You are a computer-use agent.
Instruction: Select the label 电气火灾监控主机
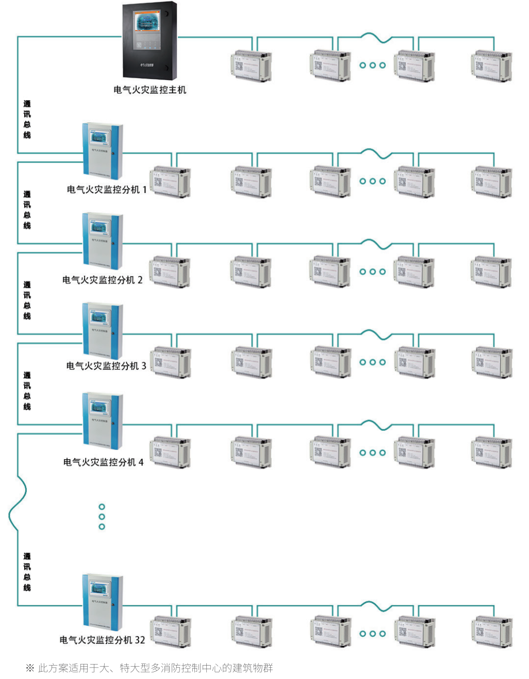point(150,90)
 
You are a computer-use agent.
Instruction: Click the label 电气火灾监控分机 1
point(107,190)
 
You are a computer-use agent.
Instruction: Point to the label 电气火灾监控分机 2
point(102,280)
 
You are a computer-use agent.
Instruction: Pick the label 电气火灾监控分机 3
point(106,366)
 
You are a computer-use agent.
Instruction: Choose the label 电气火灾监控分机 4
point(103,462)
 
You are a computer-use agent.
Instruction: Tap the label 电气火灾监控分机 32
point(102,640)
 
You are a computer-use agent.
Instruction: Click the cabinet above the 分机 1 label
point(103,150)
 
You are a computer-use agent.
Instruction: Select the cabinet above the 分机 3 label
point(103,331)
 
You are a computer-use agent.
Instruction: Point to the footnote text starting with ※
point(149,668)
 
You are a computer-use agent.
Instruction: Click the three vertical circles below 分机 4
point(102,516)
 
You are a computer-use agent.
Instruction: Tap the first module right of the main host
point(251,66)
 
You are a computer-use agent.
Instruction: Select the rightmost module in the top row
point(492,66)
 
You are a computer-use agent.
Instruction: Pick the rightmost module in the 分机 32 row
point(492,632)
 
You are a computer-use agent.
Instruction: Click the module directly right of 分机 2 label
point(170,271)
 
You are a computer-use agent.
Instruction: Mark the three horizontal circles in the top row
point(372,66)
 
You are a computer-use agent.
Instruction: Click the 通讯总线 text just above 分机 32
point(27,572)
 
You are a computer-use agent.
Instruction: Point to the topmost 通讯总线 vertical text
point(27,119)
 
